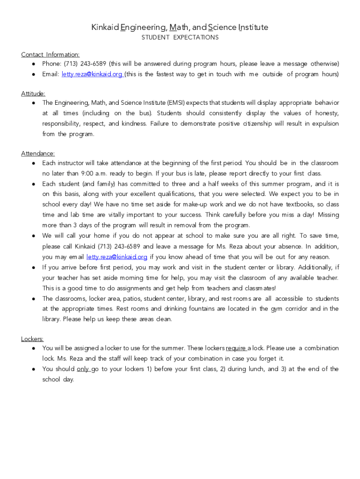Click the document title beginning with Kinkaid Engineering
[180, 27]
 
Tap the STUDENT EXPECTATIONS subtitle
[180, 37]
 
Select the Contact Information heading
[50, 54]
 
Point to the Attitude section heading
[33, 94]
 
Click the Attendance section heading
[38, 153]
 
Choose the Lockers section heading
[32, 339]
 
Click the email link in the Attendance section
[117, 257]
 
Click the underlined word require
[236, 348]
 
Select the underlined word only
[83, 369]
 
